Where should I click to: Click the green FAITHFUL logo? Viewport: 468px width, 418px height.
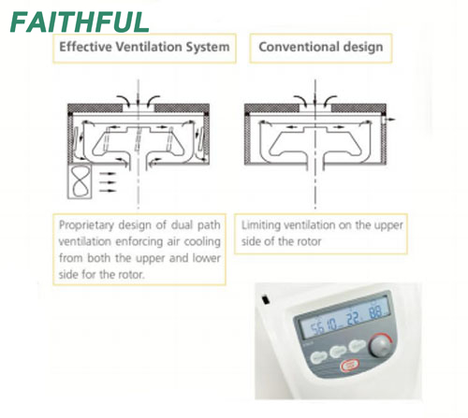coord(80,22)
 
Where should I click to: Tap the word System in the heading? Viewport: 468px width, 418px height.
coord(208,47)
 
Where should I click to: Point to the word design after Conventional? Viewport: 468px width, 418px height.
coord(363,47)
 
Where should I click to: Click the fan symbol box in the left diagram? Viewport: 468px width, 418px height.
coord(80,181)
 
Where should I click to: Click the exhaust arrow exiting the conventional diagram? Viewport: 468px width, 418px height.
coord(389,120)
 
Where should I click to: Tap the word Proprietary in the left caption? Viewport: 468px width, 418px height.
coord(86,225)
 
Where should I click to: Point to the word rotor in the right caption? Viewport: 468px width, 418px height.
coord(310,241)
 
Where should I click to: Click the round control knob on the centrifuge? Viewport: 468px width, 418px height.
coord(379,346)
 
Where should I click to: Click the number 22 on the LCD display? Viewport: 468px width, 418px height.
coord(353,320)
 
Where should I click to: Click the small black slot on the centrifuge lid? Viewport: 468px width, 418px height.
coord(266,299)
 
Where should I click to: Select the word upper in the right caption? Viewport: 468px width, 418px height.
coord(388,225)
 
